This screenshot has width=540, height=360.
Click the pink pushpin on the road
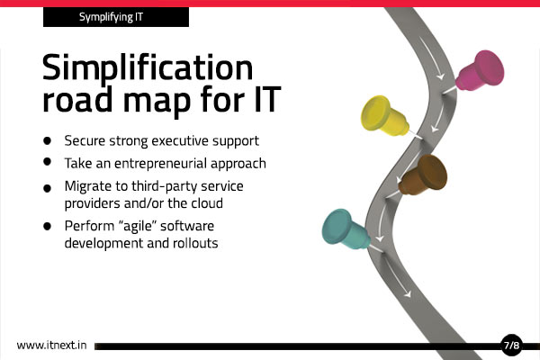(480, 70)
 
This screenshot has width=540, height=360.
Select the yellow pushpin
(386, 116)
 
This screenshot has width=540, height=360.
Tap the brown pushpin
(423, 175)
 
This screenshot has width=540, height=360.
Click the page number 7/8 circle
(511, 345)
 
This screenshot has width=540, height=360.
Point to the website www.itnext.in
(51, 346)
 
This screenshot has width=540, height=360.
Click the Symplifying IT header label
(111, 17)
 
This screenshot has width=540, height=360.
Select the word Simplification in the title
(148, 67)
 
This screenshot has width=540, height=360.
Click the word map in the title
(157, 100)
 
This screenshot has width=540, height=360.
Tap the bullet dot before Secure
(47, 140)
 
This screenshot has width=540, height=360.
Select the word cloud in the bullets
(207, 202)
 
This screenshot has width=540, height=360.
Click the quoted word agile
(138, 226)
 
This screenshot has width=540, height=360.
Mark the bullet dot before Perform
(47, 226)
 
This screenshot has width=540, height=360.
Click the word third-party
(165, 186)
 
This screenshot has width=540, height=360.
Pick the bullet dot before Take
(47, 162)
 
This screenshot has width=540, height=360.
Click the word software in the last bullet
(187, 226)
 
